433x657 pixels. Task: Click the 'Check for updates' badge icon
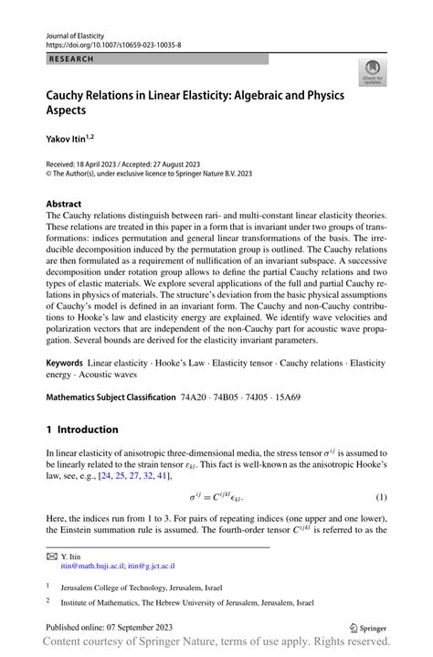373,74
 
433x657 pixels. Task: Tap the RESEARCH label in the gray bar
69,58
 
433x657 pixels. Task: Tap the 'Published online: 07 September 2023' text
109,629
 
